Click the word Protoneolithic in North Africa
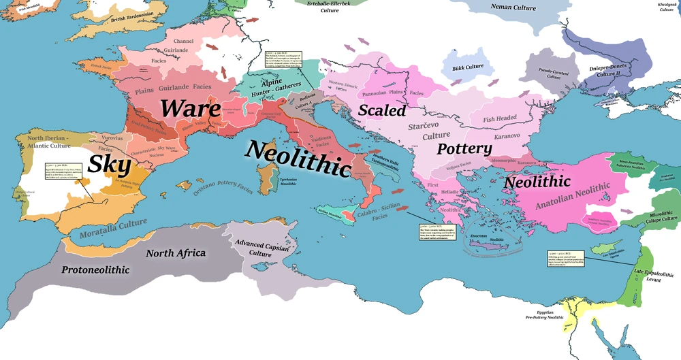(x=95, y=270)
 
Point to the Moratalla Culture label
(x=104, y=228)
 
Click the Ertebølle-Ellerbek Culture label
(x=330, y=7)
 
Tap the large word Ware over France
(x=190, y=109)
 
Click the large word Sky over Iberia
(x=109, y=164)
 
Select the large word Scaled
(x=382, y=110)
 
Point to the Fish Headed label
(x=500, y=119)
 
